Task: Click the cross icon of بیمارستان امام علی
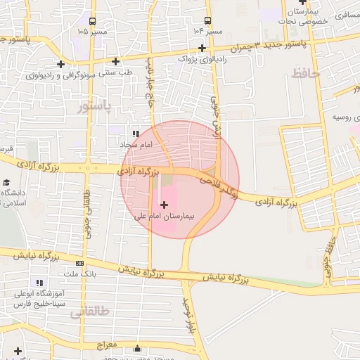pyautogui.click(x=165, y=205)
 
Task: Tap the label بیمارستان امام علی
pyautogui.click(x=167, y=217)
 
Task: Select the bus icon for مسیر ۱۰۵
pyautogui.click(x=96, y=20)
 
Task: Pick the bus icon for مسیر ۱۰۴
pyautogui.click(x=207, y=20)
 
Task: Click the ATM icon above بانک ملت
pyautogui.click(x=79, y=262)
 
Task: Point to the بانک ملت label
pyautogui.click(x=78, y=273)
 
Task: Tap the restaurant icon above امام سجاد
pyautogui.click(x=136, y=133)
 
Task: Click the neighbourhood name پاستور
pyautogui.click(x=93, y=106)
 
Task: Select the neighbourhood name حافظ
pyautogui.click(x=305, y=72)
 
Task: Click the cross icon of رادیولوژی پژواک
pyautogui.click(x=202, y=49)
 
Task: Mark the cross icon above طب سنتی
pyautogui.click(x=116, y=60)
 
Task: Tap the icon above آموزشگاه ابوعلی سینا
pyautogui.click(x=39, y=283)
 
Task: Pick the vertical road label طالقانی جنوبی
pyautogui.click(x=88, y=215)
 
